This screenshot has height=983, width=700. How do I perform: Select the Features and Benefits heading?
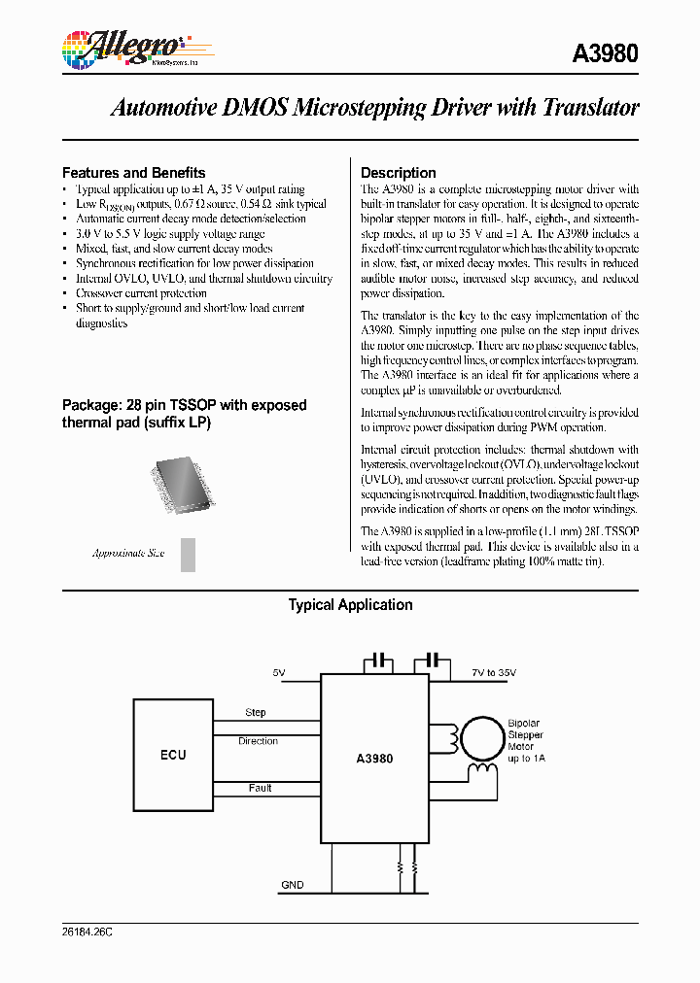click(x=133, y=172)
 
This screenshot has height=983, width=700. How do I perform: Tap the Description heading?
click(x=398, y=172)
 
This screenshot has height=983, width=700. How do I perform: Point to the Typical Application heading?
click(x=350, y=604)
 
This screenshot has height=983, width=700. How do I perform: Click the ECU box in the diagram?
click(x=173, y=755)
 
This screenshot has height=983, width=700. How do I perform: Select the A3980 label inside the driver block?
click(x=375, y=758)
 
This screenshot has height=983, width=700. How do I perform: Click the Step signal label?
click(x=256, y=712)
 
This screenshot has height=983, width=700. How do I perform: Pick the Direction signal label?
click(x=258, y=741)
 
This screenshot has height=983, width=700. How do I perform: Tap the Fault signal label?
click(x=260, y=788)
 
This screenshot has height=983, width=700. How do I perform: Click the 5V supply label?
click(x=280, y=672)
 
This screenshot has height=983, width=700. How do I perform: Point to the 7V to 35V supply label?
click(x=495, y=672)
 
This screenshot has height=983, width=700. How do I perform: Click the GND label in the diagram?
click(x=292, y=885)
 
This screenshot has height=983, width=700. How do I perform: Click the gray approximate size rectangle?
click(x=189, y=554)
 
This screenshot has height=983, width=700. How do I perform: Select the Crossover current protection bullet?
click(x=141, y=293)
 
